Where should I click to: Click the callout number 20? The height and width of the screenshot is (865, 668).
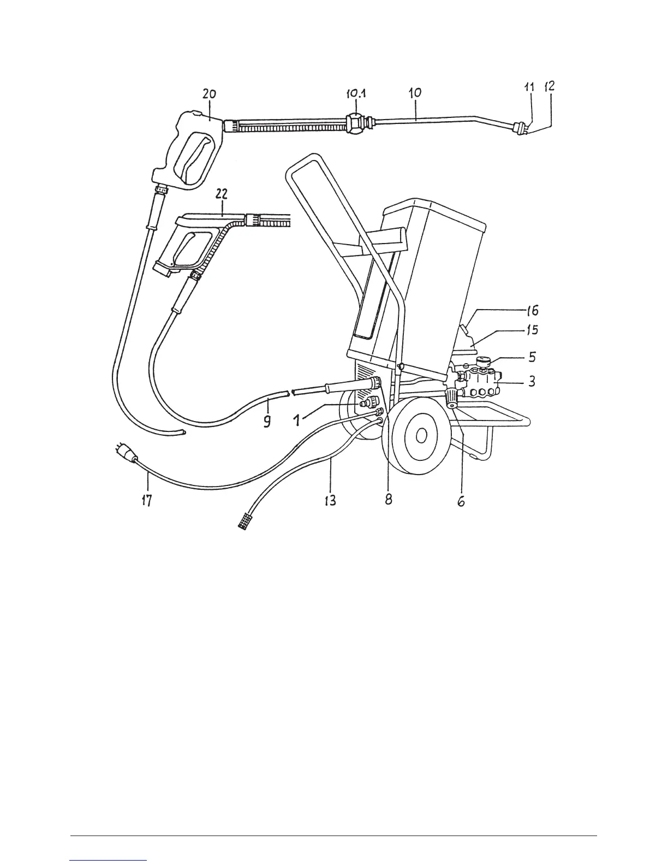point(209,94)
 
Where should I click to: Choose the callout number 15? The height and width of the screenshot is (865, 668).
point(532,330)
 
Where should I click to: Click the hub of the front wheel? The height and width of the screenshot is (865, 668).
point(421,435)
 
